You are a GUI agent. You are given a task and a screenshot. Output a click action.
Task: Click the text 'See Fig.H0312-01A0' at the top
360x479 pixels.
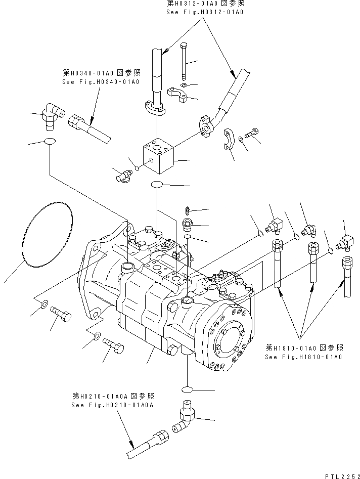pyautogui.click(x=204, y=11)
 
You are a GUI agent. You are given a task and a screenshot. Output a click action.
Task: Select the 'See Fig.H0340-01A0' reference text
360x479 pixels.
pyautogui.click(x=101, y=81)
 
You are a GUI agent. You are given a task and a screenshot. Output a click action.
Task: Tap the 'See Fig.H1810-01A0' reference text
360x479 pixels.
pyautogui.click(x=303, y=357)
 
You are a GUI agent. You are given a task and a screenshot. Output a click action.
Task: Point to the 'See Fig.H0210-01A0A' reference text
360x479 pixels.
pyautogui.click(x=112, y=405)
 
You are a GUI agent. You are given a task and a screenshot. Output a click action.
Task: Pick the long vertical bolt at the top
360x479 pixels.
pyautogui.click(x=185, y=63)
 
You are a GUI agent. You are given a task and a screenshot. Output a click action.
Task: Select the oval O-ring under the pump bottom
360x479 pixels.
pyautogui.click(x=187, y=388)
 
